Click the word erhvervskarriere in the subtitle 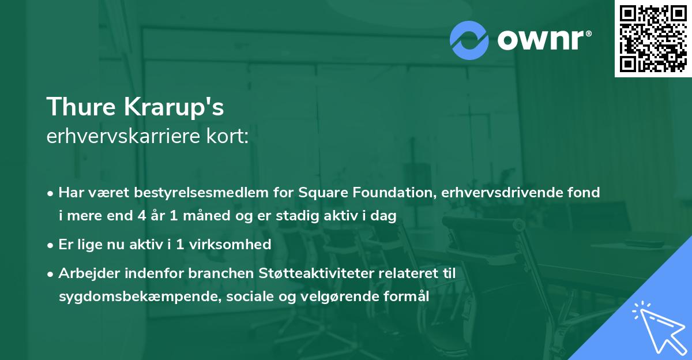127,137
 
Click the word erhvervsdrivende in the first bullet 501,193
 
